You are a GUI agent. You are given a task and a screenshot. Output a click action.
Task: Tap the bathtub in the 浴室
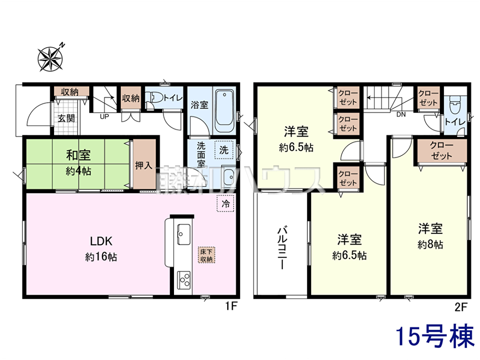click(224, 111)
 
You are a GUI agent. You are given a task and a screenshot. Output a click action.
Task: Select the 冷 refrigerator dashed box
click(225, 203)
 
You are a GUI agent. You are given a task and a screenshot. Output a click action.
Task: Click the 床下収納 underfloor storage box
click(206, 255)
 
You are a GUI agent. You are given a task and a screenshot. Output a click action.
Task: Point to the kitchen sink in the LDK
click(184, 234)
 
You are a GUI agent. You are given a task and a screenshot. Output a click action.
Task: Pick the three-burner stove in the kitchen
click(184, 280)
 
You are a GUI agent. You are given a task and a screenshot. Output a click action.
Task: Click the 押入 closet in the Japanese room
click(144, 164)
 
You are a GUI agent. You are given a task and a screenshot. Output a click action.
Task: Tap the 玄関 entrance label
click(66, 118)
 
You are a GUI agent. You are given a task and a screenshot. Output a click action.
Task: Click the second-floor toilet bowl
click(455, 105)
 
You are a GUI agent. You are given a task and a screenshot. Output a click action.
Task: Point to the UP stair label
click(104, 116)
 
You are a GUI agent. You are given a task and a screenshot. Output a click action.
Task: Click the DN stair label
click(401, 114)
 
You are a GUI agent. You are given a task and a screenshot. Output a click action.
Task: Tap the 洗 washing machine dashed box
click(224, 150)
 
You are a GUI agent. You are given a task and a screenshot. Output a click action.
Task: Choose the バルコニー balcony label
click(282, 248)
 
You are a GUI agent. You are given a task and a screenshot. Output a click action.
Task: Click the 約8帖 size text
click(430, 244)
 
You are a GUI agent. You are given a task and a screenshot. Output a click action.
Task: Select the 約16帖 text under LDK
click(101, 257)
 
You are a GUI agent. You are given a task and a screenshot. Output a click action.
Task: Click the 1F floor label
click(231, 306)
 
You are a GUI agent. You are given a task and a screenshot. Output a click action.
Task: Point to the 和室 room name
click(78, 155)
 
